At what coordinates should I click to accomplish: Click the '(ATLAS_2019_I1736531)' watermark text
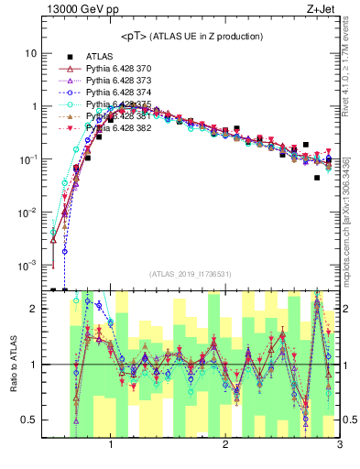(191, 274)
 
